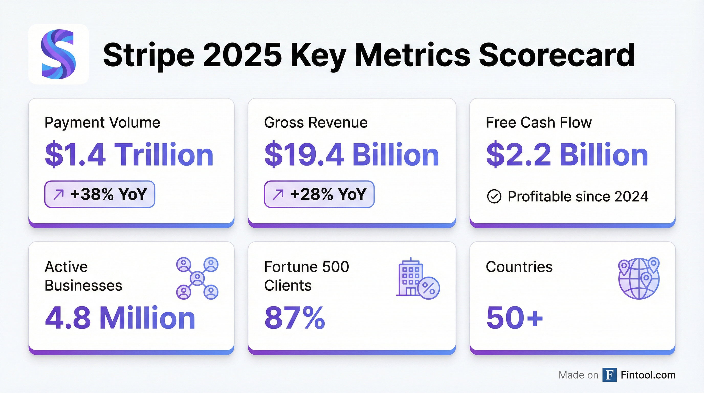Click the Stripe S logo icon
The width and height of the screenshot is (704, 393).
pyautogui.click(x=58, y=54)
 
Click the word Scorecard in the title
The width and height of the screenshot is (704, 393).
pyautogui.click(x=556, y=55)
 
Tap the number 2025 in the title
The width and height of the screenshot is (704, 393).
pyautogui.click(x=242, y=55)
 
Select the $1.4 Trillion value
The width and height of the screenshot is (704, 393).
pyautogui.click(x=129, y=155)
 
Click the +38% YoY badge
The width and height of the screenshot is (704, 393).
pyautogui.click(x=100, y=194)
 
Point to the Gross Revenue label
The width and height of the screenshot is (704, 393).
pyautogui.click(x=316, y=123)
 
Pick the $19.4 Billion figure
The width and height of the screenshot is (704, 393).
pyautogui.click(x=351, y=155)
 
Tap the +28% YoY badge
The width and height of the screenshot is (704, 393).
pyautogui.click(x=319, y=194)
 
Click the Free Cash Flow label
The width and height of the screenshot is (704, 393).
pyautogui.click(x=539, y=123)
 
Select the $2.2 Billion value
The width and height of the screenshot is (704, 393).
pyautogui.click(x=567, y=155)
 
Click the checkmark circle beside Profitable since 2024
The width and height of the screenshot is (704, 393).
pyautogui.click(x=494, y=196)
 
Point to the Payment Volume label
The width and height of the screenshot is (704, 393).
pyautogui.click(x=102, y=123)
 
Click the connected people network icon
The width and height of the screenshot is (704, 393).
pyautogui.click(x=197, y=278)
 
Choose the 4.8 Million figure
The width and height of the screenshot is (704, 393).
pyautogui.click(x=120, y=318)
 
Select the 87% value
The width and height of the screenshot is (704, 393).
pyautogui.click(x=295, y=318)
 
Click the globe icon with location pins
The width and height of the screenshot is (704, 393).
pyautogui.click(x=639, y=278)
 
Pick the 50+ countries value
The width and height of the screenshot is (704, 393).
pyautogui.click(x=514, y=318)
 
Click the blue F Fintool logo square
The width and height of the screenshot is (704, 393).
pyautogui.click(x=609, y=375)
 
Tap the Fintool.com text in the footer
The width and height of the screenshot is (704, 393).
pyautogui.click(x=648, y=375)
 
